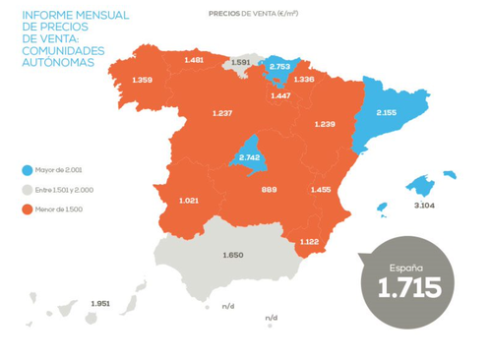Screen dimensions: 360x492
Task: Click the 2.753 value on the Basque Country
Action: click(280, 67)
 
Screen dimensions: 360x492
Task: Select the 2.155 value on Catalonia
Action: click(387, 113)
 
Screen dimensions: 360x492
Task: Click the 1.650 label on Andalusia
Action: click(233, 255)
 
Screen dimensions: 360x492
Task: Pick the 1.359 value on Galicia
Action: click(142, 79)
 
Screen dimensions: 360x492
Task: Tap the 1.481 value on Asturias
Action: click(194, 60)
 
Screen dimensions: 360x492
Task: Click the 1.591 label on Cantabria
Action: click(239, 61)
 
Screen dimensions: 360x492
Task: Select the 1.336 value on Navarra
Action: click(304, 79)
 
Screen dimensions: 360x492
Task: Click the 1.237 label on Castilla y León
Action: click(222, 113)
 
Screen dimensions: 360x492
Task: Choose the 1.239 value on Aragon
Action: click(326, 124)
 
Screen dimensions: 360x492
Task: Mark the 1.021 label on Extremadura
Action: click(190, 201)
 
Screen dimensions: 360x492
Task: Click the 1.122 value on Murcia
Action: click(310, 242)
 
